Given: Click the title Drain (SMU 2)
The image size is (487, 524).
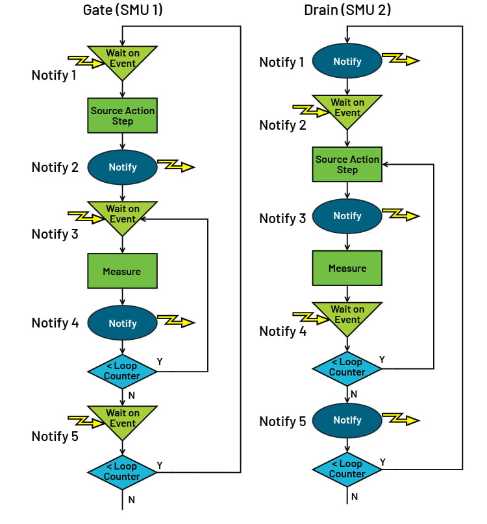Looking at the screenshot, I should tap(347, 10).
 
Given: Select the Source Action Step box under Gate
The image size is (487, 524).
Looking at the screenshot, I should tap(123, 115).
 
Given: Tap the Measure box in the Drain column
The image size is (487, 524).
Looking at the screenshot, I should tap(347, 268).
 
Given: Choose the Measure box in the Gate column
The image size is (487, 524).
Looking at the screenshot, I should tap(123, 271).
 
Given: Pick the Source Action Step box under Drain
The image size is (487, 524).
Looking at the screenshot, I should tap(347, 164).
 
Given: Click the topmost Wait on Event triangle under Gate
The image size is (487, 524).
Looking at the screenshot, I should tap(123, 58).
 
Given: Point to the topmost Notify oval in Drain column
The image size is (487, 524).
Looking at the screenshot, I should tap(347, 61).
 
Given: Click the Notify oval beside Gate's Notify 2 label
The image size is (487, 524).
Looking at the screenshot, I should tap(123, 167).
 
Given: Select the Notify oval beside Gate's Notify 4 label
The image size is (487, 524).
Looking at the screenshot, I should tap(123, 323).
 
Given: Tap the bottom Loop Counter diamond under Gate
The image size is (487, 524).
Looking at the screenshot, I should tap(123, 471).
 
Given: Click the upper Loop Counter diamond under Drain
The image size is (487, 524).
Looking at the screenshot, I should tap(347, 368).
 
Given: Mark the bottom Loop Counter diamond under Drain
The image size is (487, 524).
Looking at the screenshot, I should tap(347, 469).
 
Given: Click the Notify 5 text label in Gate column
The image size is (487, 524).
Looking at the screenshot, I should tap(55, 436).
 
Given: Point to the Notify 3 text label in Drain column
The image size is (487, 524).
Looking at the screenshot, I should tap(282, 219).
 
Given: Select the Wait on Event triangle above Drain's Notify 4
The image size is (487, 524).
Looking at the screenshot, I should tap(347, 315).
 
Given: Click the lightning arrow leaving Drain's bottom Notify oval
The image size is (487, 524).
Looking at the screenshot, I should tap(401, 420).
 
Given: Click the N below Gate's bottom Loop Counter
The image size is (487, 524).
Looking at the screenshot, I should tap(132, 499).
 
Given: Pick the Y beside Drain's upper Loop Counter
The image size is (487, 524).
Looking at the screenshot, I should tap(382, 359).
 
